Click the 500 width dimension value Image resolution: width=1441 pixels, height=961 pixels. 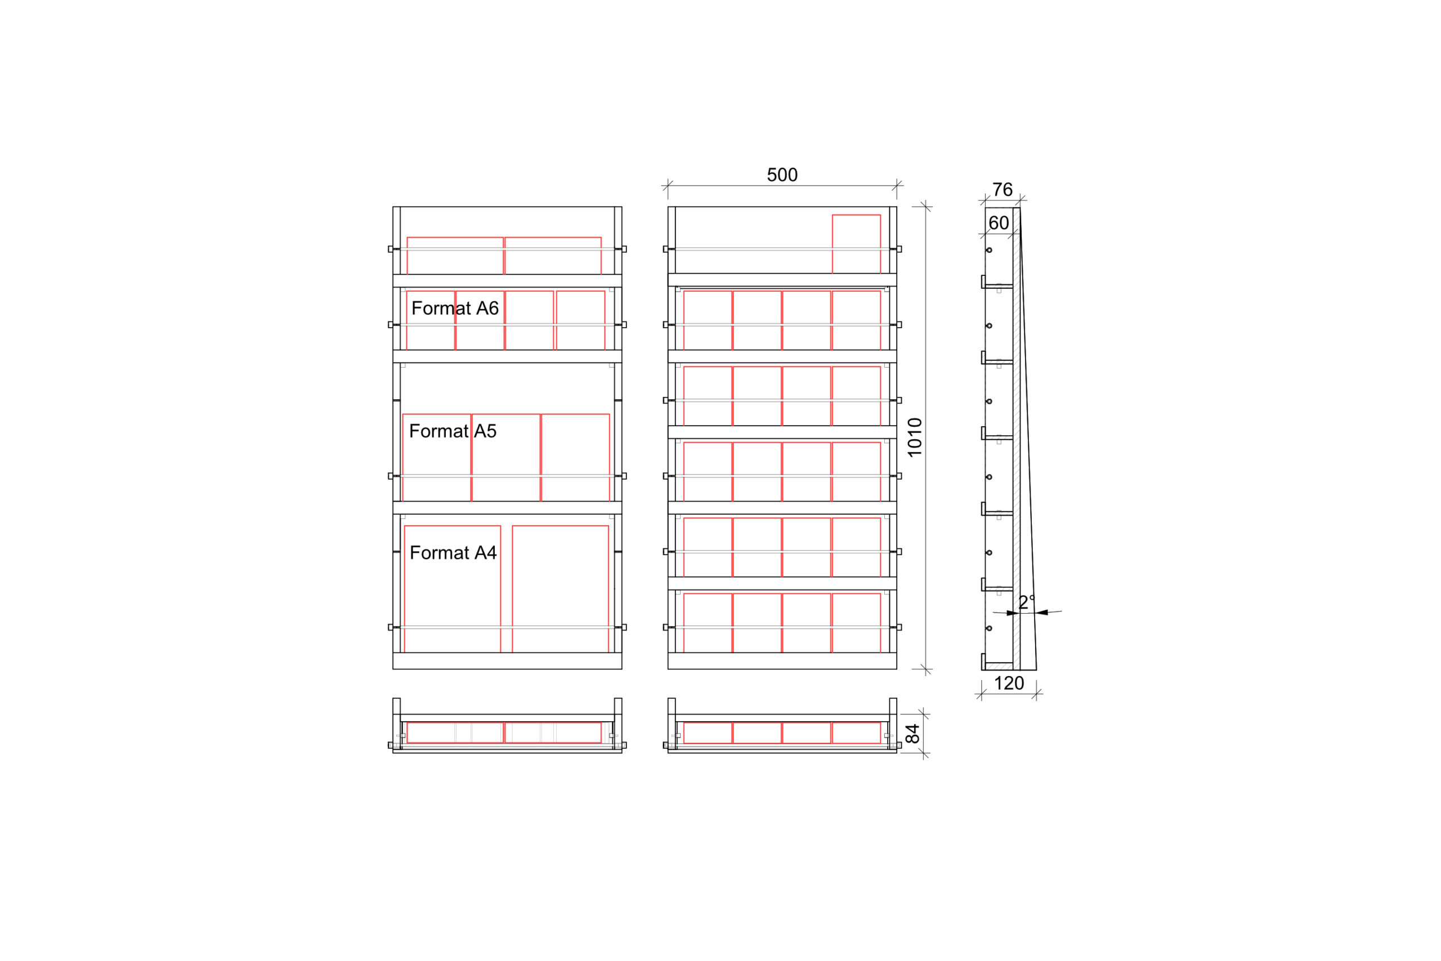(x=782, y=175)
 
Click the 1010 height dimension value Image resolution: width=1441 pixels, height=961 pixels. (x=915, y=437)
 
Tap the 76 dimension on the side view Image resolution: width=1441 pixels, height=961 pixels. (x=1003, y=190)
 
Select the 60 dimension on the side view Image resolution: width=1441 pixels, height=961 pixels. (x=999, y=223)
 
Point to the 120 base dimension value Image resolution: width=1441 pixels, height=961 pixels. (x=1009, y=683)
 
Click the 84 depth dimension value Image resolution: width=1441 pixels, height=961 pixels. (x=913, y=734)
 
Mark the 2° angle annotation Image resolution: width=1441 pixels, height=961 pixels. (x=1027, y=602)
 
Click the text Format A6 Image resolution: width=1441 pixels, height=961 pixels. (x=455, y=309)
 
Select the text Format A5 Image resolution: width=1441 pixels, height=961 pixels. (x=453, y=431)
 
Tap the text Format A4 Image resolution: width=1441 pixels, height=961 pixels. (x=453, y=553)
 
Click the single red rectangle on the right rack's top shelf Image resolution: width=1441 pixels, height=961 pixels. (x=857, y=244)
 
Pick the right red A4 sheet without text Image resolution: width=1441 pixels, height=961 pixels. (x=561, y=589)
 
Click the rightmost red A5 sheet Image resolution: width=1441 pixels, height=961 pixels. (x=575, y=458)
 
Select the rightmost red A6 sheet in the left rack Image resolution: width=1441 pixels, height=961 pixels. (x=581, y=320)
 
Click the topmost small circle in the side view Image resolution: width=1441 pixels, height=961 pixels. (x=989, y=250)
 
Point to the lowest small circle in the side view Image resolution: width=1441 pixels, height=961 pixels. (x=989, y=628)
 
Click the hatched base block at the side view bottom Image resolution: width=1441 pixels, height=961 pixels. (x=999, y=666)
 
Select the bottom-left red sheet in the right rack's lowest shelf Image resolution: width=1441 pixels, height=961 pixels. (x=708, y=623)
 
